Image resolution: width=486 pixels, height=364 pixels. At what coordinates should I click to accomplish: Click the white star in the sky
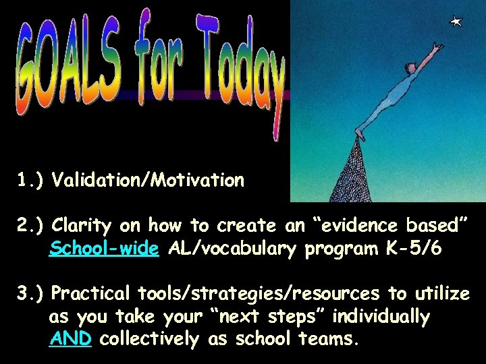(457, 22)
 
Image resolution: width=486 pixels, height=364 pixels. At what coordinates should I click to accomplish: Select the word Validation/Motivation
(148, 181)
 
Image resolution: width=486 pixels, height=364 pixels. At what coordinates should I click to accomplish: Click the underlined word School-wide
(104, 249)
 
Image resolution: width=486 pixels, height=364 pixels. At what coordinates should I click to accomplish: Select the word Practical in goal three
(92, 294)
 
